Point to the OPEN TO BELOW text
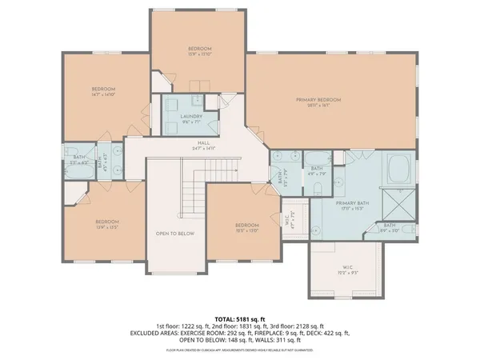175,234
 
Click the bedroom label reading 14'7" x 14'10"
103,91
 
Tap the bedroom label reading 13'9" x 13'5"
107,224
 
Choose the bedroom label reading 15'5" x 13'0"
246,228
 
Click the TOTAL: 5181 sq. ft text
239,319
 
